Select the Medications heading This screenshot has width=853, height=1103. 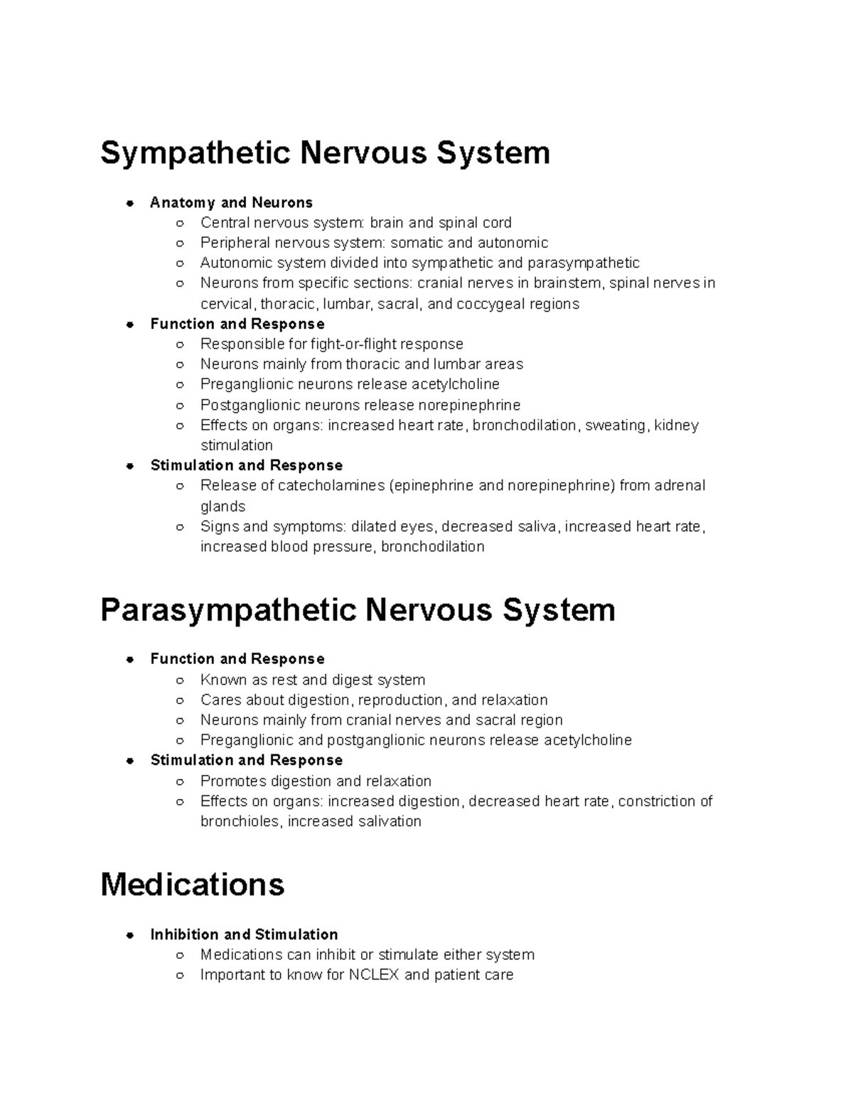[x=193, y=885]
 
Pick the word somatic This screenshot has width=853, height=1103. [x=416, y=243]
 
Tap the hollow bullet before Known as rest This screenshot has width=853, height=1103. [x=181, y=680]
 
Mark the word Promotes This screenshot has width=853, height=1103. [x=231, y=781]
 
